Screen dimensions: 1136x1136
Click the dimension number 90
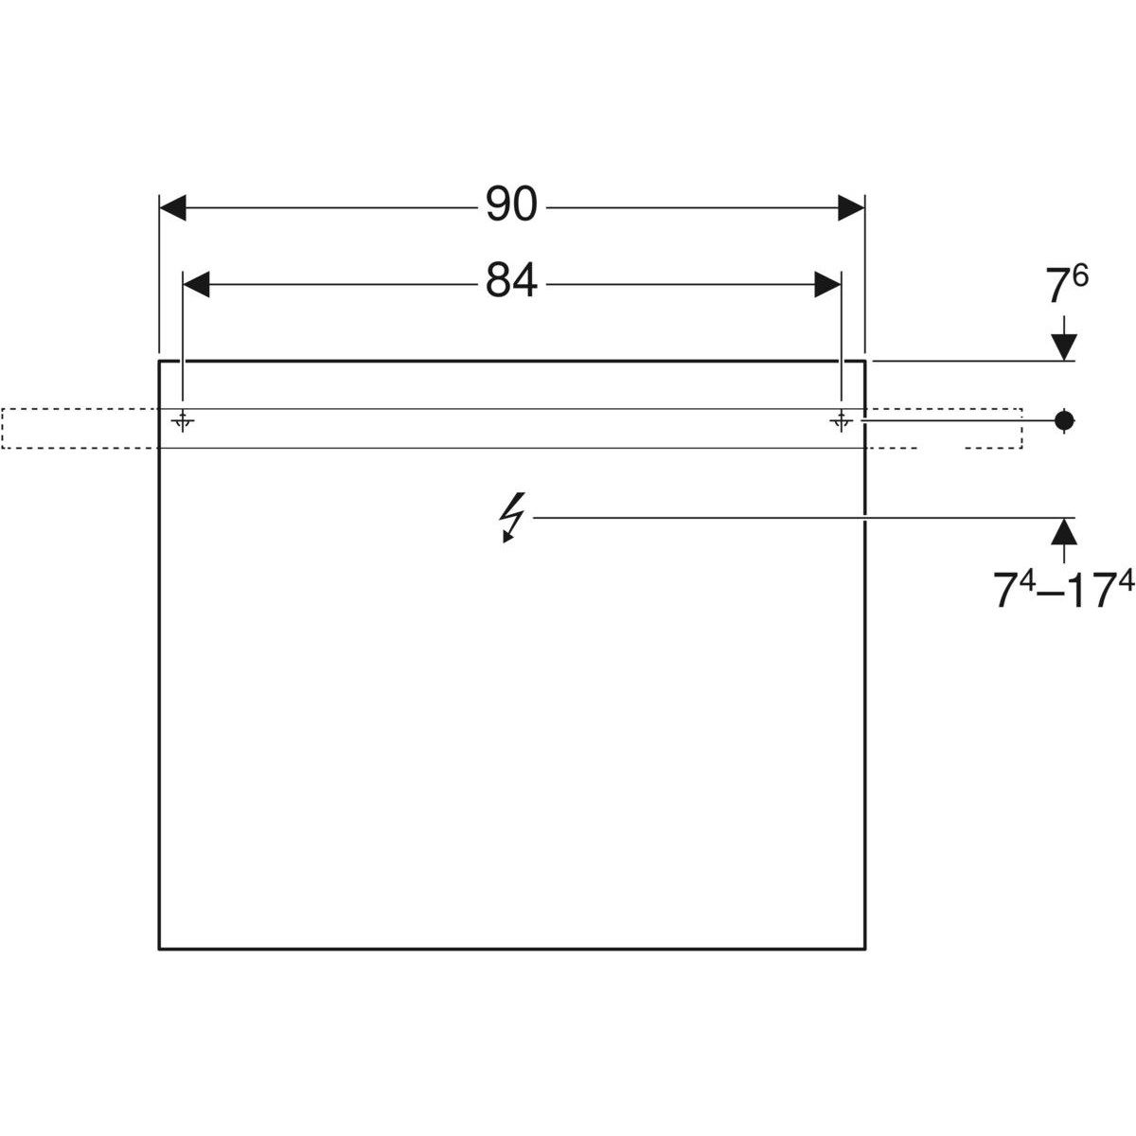coord(511,205)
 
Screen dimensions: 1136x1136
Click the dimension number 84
coord(511,281)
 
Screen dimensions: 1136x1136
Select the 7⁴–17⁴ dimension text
coord(1063,593)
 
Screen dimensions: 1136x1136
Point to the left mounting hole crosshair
coord(184,420)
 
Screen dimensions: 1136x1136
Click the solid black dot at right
coord(1065,419)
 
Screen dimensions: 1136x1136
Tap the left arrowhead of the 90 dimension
coord(173,208)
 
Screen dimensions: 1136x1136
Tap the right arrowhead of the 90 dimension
coord(851,208)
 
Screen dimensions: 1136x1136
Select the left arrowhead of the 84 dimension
coord(196,283)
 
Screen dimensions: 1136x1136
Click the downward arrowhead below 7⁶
coord(1065,348)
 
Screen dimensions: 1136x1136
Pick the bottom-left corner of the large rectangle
coord(159,948)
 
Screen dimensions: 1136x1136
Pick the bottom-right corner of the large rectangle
coord(865,948)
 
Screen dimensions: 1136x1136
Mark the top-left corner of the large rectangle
coord(159,361)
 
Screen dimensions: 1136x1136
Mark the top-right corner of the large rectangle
coord(865,361)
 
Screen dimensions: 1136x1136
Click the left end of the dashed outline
coord(3,428)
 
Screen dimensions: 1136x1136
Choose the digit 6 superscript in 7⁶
coord(1081,276)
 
